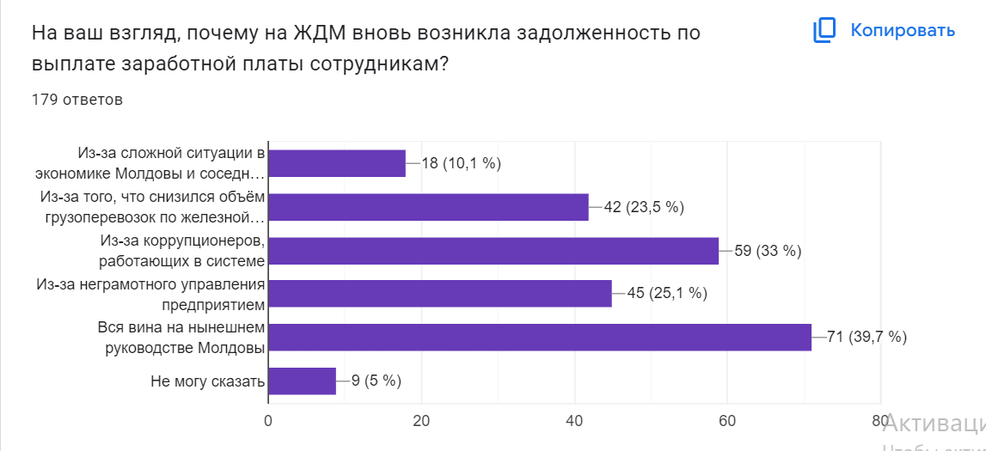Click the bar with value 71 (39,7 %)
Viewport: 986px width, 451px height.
(539, 337)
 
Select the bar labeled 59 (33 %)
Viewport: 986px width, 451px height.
(493, 250)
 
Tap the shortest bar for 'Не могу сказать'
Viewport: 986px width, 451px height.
(302, 381)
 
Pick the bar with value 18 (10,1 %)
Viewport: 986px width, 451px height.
(337, 163)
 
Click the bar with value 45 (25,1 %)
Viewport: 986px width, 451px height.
(439, 294)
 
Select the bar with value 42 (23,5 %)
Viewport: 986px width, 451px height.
(428, 206)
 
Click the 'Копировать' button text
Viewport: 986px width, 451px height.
(903, 31)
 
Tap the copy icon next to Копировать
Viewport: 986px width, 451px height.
(824, 31)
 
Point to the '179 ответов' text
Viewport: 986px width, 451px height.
(77, 100)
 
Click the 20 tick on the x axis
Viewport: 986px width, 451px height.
(421, 420)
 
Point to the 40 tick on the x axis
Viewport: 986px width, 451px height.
(574, 420)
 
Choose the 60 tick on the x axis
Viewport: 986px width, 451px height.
(727, 420)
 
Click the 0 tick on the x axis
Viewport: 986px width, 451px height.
(268, 420)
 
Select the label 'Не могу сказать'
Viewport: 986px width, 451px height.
(207, 381)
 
